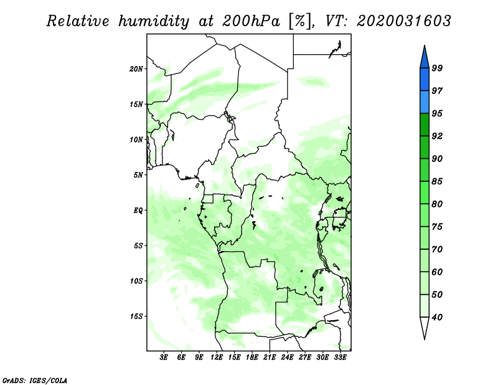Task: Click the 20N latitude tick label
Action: click(x=136, y=69)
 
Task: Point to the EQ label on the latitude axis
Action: click(x=138, y=211)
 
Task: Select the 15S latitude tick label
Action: click(x=136, y=316)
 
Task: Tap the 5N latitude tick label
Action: click(x=138, y=175)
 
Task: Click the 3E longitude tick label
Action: click(x=164, y=357)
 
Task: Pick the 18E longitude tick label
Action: click(x=252, y=357)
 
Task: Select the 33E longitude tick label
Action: click(x=340, y=357)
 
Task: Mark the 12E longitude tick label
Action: click(x=217, y=357)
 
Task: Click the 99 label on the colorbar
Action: click(x=437, y=68)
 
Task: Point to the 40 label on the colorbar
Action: click(x=437, y=317)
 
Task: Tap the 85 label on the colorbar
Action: click(x=437, y=181)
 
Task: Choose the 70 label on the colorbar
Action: click(x=437, y=249)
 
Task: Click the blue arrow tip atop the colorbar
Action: click(x=425, y=45)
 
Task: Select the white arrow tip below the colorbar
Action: click(x=425, y=339)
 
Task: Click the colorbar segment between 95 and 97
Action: click(x=425, y=102)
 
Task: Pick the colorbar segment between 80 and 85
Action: click(x=425, y=192)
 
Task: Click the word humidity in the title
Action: click(x=154, y=21)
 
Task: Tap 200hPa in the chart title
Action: click(x=251, y=21)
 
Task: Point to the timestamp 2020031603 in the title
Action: click(x=403, y=21)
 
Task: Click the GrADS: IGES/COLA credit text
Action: click(x=35, y=381)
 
